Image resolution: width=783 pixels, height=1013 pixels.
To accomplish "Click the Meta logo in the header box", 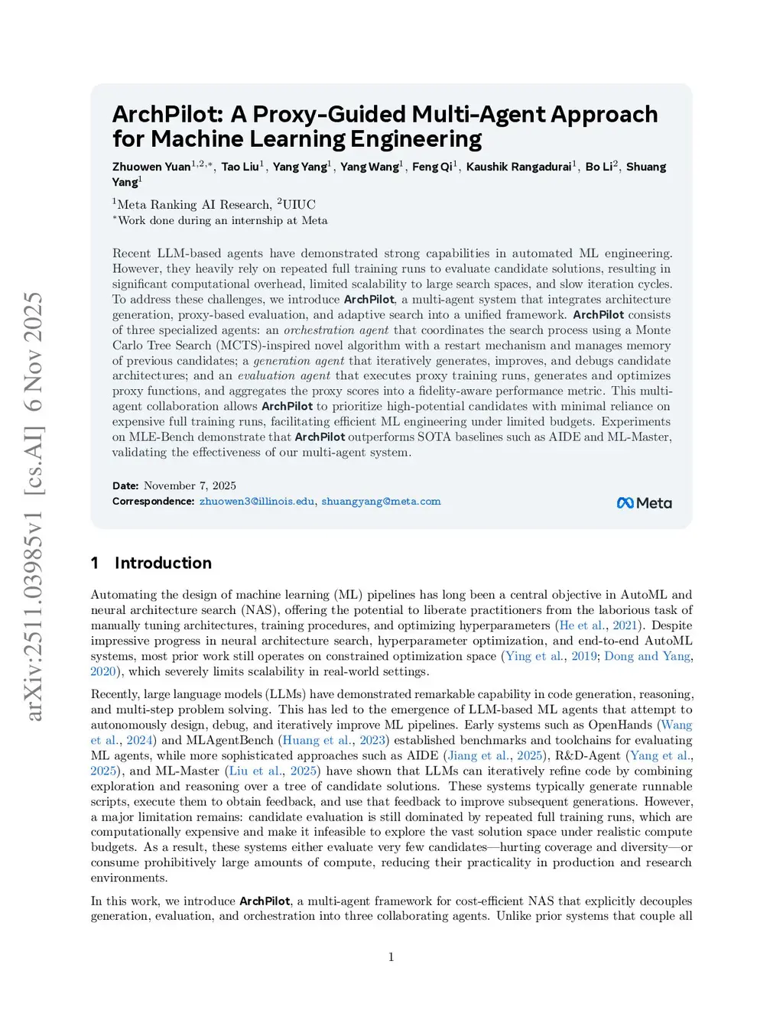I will [x=644, y=503].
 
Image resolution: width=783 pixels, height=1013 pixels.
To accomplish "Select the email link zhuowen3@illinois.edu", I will [x=257, y=502].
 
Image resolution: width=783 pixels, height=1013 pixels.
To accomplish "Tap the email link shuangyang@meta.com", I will [x=381, y=502].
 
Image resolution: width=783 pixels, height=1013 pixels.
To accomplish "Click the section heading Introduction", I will [x=163, y=563].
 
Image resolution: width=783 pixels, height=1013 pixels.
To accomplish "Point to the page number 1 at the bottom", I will [x=391, y=957].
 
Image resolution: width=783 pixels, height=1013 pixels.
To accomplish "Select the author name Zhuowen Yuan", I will [x=151, y=167].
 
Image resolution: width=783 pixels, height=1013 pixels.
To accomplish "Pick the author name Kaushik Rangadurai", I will [x=518, y=167].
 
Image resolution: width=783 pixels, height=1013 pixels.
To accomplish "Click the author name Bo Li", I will [x=599, y=167].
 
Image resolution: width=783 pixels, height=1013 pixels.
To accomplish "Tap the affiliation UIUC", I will [x=299, y=205].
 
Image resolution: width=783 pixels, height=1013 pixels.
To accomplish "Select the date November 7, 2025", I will [x=190, y=485].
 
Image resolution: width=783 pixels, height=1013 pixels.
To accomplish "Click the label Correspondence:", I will [x=153, y=502].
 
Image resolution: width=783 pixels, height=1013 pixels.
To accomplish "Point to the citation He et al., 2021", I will [x=599, y=625].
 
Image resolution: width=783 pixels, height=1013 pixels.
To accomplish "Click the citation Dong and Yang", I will [x=648, y=656].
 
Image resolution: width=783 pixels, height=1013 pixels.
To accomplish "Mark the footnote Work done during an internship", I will [x=223, y=221].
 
